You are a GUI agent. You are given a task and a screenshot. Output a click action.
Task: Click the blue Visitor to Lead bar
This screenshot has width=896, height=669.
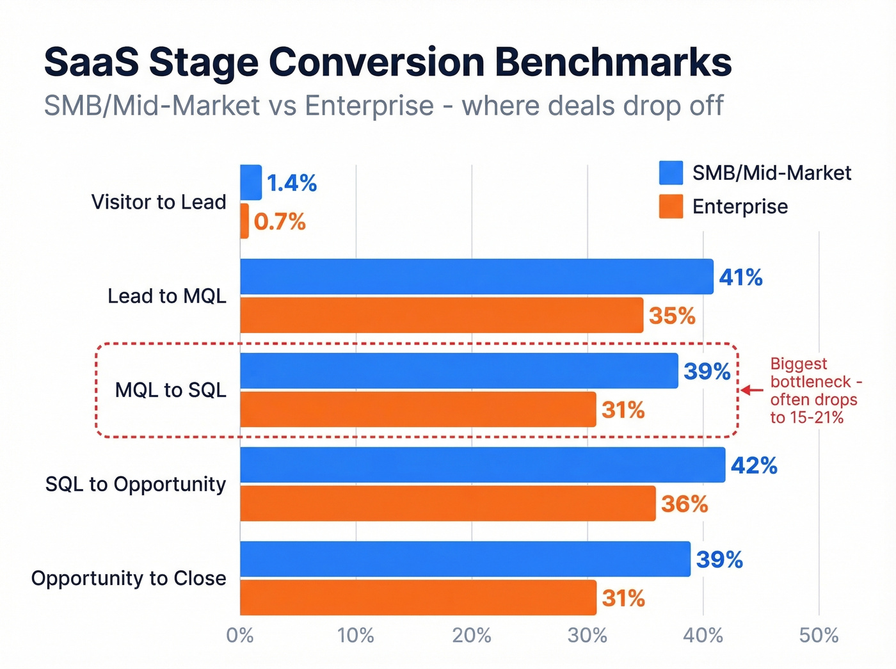pyautogui.click(x=251, y=182)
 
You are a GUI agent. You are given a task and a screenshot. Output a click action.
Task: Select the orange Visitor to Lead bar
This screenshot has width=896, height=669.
pyautogui.click(x=244, y=222)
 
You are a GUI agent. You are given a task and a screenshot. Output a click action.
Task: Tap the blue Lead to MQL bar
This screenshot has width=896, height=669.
pyautogui.click(x=476, y=277)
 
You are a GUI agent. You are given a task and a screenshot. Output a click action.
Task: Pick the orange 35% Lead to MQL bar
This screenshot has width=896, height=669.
pyautogui.click(x=442, y=315)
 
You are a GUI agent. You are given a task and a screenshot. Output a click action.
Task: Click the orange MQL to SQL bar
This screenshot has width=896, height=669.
pyautogui.click(x=418, y=409)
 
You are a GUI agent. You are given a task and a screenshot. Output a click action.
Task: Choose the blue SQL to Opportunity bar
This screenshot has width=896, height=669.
pyautogui.click(x=483, y=465)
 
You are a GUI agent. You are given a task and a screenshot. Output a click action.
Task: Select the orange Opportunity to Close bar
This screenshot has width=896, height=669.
pyautogui.click(x=418, y=597)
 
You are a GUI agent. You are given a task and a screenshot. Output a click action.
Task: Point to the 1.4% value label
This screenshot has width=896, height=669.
pyautogui.click(x=291, y=183)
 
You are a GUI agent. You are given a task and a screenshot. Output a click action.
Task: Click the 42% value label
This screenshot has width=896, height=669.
pyautogui.click(x=754, y=465)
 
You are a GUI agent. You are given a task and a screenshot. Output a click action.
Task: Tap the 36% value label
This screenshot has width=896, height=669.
pyautogui.click(x=684, y=504)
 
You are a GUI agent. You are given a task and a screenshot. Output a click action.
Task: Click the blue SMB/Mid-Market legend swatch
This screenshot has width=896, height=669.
pyautogui.click(x=671, y=173)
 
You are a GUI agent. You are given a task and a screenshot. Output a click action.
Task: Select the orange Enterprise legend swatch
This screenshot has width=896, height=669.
pyautogui.click(x=671, y=207)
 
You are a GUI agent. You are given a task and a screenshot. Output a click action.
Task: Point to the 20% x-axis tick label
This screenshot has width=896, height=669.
pyautogui.click(x=472, y=636)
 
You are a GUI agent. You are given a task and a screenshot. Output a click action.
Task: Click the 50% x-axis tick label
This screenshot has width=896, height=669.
pyautogui.click(x=819, y=636)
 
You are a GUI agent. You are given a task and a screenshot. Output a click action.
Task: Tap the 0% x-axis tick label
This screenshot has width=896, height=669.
pyautogui.click(x=240, y=636)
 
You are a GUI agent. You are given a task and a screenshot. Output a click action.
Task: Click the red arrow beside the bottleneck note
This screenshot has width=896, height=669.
pyautogui.click(x=752, y=390)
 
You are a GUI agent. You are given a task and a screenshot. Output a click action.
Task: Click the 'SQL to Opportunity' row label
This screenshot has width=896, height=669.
pyautogui.click(x=136, y=485)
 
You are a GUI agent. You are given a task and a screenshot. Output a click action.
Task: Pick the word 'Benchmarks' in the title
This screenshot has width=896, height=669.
pyautogui.click(x=613, y=62)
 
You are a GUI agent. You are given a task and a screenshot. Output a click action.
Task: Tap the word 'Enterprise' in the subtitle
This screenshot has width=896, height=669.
pyautogui.click(x=369, y=106)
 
